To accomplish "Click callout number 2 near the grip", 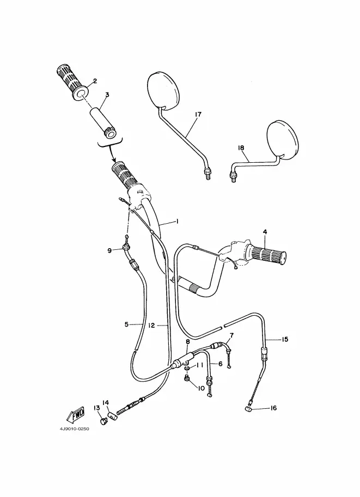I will click(x=95, y=81).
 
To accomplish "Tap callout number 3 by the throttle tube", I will click(x=107, y=94).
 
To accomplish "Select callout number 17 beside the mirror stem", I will click(x=197, y=114).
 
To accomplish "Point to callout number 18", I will click(x=241, y=148).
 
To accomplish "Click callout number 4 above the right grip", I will click(x=265, y=232).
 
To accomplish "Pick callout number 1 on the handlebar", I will click(x=177, y=222).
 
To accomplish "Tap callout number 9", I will click(x=109, y=250).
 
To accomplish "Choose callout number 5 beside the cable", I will click(x=126, y=324).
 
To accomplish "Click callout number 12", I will click(x=152, y=325).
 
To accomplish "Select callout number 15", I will click(x=284, y=340).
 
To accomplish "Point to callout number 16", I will click(x=273, y=408).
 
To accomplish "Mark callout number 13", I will click(x=96, y=408).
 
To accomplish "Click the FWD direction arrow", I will click(x=75, y=415).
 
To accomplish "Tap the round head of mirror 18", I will click(x=283, y=139).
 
